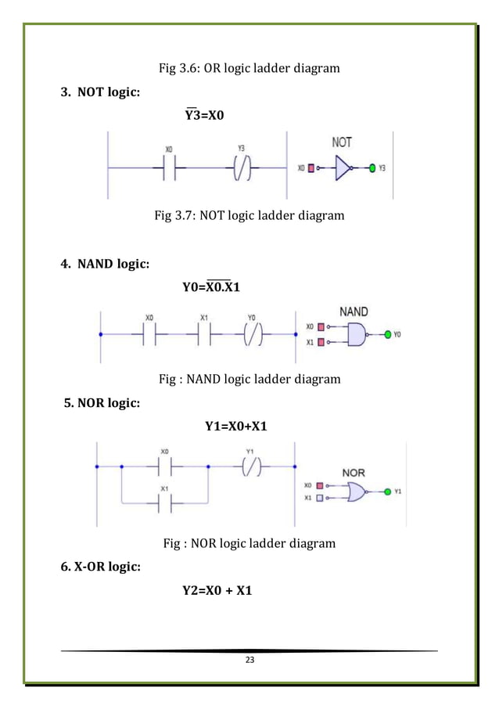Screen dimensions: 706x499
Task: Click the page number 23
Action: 249,661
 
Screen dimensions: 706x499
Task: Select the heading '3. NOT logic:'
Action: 101,92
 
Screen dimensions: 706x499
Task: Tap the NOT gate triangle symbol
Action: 342,167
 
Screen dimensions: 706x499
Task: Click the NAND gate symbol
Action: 357,334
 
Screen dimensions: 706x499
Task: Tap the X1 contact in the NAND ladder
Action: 203,334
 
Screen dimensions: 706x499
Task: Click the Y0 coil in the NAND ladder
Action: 250,334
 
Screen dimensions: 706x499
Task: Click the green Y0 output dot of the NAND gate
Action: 387,334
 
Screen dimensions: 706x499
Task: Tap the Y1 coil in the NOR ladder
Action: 250,467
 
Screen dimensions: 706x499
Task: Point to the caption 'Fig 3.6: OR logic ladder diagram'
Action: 249,68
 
